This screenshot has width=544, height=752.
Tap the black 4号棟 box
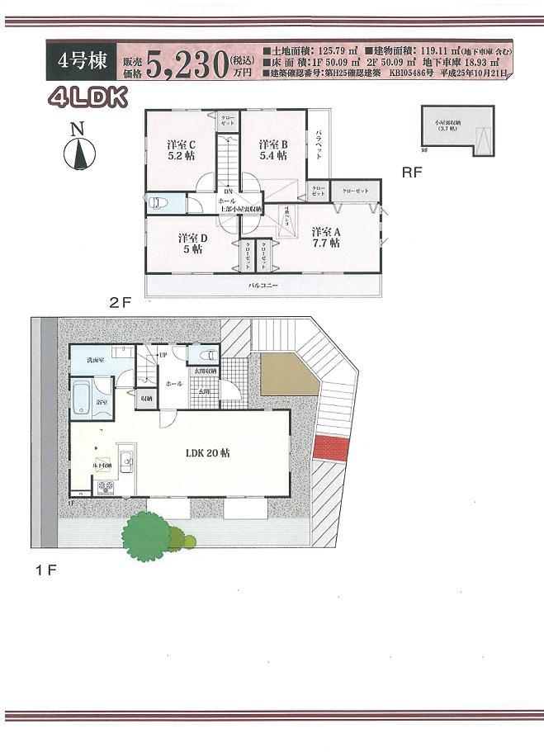[82, 62]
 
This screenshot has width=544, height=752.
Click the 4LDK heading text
[87, 98]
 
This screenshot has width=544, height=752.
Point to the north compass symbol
[79, 150]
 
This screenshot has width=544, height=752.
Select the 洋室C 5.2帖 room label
[182, 148]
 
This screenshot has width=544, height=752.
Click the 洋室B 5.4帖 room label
[272, 149]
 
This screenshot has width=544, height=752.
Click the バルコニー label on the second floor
[263, 286]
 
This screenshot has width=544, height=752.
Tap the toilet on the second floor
[156, 203]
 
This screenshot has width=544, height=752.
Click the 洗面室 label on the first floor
[82, 361]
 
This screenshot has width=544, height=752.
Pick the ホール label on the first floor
[173, 384]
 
